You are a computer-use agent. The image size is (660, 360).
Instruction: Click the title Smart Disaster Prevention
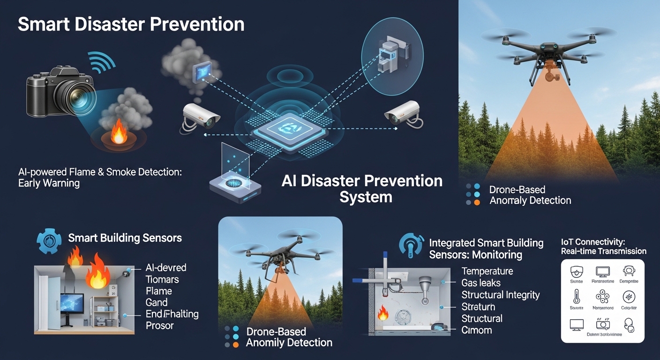(x=131, y=24)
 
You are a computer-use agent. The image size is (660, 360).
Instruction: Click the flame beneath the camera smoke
(x=119, y=134)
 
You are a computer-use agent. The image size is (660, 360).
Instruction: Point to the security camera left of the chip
(x=200, y=115)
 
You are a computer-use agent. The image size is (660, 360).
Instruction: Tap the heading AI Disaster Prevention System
(x=362, y=188)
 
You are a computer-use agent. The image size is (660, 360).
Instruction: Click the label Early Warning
(x=49, y=183)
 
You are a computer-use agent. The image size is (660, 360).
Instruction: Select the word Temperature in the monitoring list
(x=487, y=271)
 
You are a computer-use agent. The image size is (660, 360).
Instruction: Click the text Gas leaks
(x=481, y=283)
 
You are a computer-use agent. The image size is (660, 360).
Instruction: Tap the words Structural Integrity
(x=500, y=295)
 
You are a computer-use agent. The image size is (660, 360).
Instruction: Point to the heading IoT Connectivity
(x=593, y=242)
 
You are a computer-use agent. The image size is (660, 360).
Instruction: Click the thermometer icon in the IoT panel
(x=576, y=297)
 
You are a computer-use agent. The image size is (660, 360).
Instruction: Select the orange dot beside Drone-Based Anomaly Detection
(x=477, y=202)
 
